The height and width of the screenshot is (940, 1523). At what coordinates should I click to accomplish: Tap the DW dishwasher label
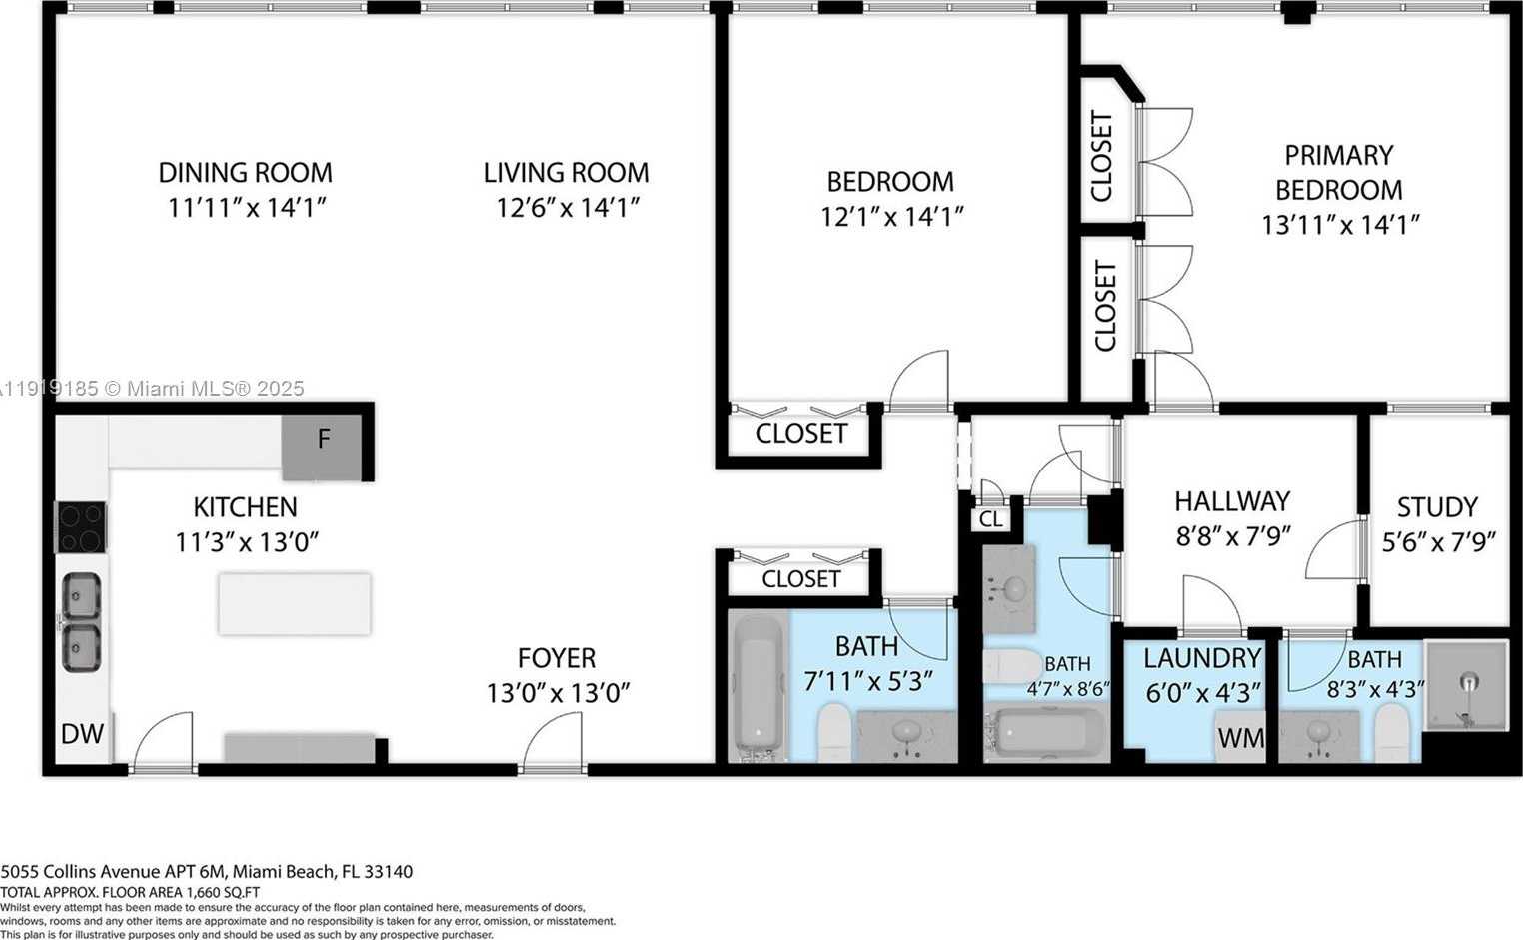[82, 734]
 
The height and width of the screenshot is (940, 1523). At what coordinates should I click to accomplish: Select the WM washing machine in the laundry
[1240, 739]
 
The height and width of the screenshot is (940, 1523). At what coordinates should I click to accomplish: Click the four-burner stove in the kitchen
[80, 527]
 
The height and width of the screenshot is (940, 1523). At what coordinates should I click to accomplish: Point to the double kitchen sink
[81, 622]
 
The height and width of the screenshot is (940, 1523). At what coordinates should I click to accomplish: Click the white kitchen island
[294, 603]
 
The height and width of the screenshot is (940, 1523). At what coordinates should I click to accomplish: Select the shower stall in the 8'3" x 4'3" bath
[1466, 684]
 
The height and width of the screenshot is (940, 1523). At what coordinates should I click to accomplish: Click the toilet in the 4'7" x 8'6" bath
[1012, 666]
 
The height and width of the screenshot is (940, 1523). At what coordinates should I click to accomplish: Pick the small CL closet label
[990, 519]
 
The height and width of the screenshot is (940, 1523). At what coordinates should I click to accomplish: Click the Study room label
[1437, 507]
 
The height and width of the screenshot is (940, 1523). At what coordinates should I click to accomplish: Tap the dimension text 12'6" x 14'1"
[567, 208]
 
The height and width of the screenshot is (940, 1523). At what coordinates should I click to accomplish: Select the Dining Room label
[245, 173]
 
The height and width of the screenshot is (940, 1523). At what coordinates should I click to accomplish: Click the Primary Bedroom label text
[1338, 172]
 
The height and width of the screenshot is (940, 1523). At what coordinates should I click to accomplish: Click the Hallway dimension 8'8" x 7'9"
[1232, 536]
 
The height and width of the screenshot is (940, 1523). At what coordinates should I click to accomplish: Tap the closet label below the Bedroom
[800, 434]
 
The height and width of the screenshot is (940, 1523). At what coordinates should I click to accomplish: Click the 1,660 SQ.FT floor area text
[130, 892]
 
